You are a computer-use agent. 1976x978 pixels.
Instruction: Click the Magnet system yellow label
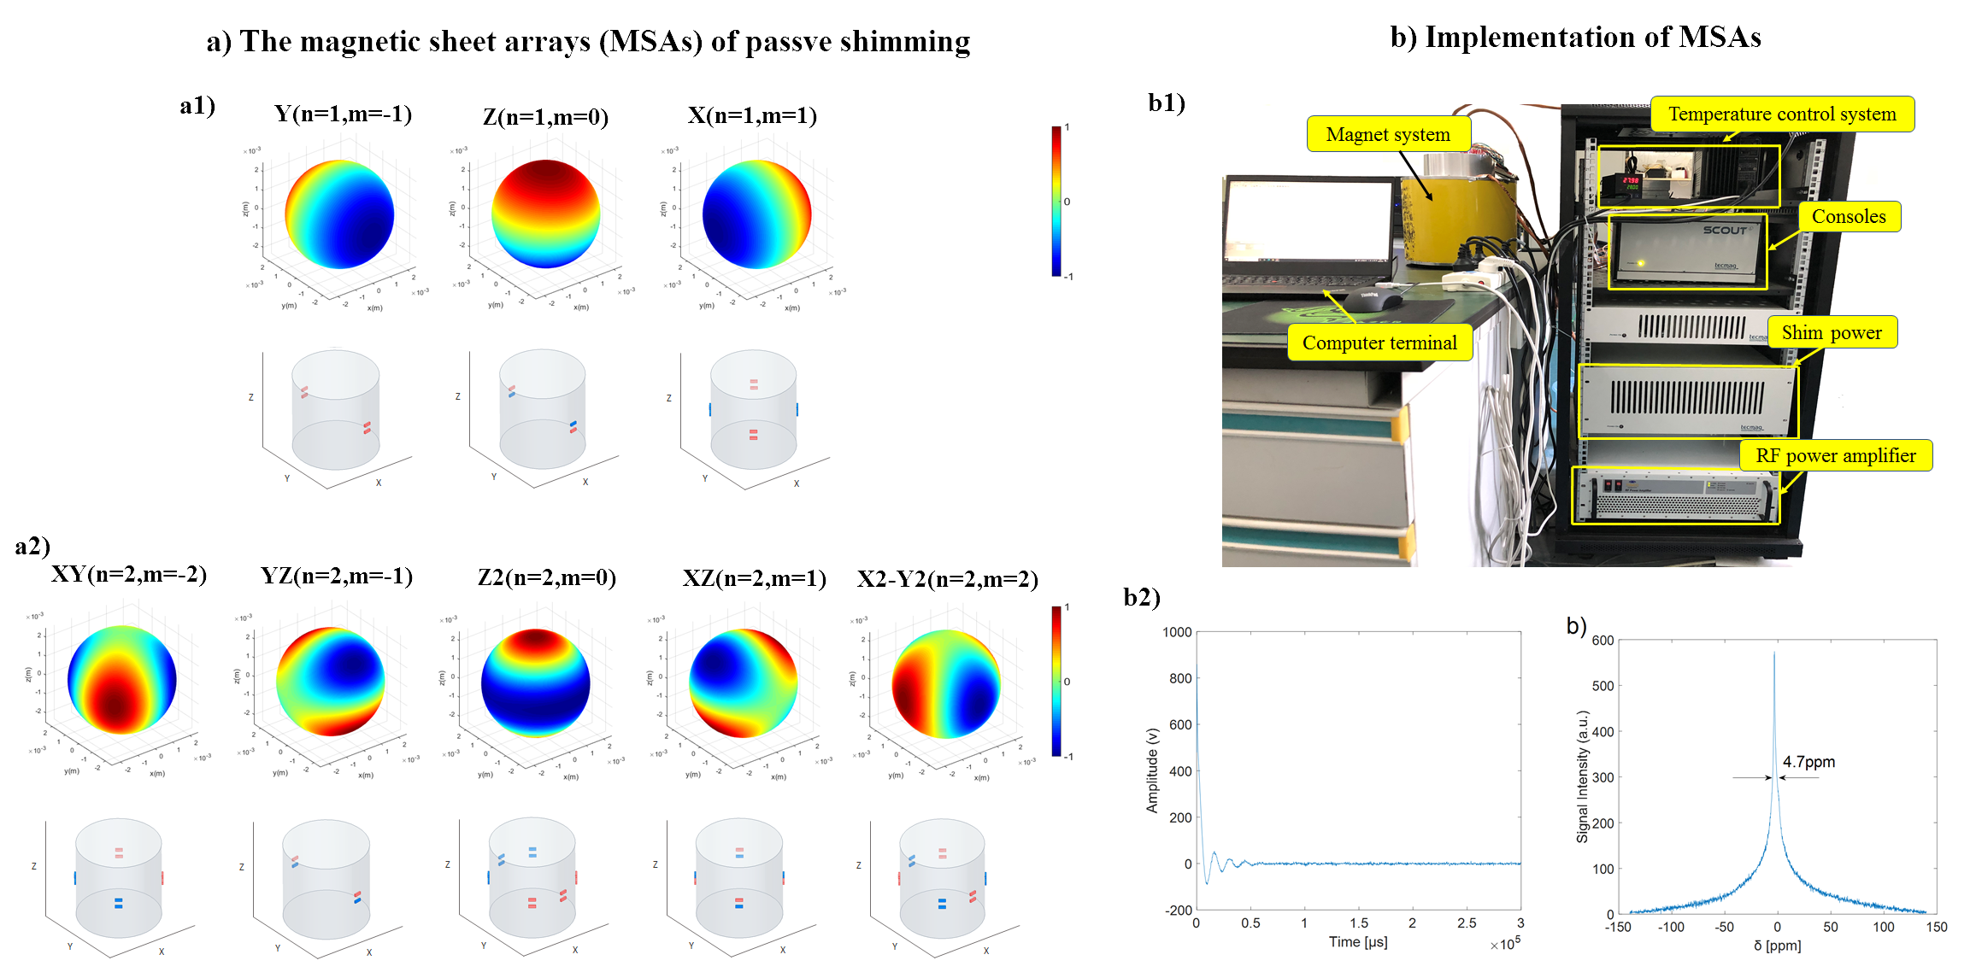1388,134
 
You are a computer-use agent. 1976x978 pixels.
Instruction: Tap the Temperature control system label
1781,114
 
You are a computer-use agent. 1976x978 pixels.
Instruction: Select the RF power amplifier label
1835,455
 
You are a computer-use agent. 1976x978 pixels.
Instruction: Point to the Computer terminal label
1379,343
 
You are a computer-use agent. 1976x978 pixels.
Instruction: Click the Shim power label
1831,332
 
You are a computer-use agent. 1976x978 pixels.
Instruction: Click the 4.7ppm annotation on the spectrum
1808,762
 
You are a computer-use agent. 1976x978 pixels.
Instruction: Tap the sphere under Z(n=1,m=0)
545,214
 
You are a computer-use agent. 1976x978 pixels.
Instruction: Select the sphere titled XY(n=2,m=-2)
121,679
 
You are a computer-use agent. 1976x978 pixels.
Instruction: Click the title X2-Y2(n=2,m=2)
947,579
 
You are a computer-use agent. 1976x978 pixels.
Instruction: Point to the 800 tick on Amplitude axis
1179,678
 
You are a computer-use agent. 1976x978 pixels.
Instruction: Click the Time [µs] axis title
1357,942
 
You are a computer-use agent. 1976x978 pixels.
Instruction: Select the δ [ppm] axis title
1777,946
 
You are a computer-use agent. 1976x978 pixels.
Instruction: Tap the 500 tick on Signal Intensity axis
1603,686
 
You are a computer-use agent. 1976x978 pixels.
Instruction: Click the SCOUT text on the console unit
1724,230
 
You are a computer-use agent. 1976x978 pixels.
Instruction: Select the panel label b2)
1141,597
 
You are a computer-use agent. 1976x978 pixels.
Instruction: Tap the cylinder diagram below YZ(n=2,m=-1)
326,880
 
